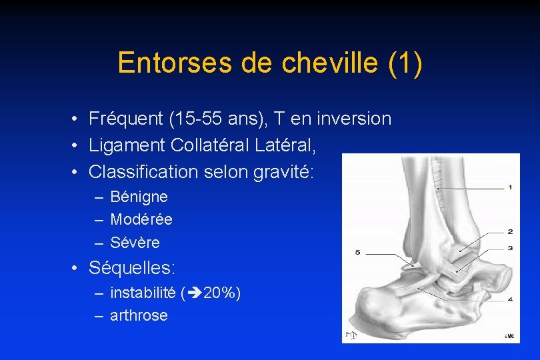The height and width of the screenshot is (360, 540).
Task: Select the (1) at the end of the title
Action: (x=404, y=63)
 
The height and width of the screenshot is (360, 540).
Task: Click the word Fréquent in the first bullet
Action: (x=126, y=119)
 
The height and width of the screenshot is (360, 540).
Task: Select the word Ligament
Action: (x=127, y=145)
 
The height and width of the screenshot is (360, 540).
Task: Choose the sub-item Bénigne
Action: (x=139, y=197)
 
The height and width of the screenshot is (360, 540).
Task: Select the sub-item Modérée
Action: (x=141, y=219)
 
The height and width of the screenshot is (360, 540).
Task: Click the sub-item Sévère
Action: (x=135, y=242)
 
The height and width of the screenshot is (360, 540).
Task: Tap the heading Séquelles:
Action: (x=132, y=269)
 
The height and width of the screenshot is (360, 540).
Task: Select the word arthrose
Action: (x=139, y=315)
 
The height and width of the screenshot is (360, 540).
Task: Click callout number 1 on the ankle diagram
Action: (x=509, y=188)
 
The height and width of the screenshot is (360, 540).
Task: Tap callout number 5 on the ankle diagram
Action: (x=358, y=253)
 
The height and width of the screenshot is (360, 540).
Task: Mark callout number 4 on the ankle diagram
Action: (x=509, y=299)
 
